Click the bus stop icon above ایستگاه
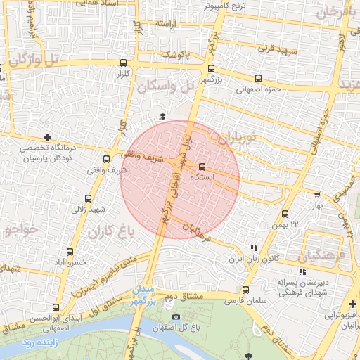click(x=202, y=167)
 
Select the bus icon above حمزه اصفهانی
click(x=259, y=79)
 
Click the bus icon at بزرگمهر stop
click(x=212, y=68)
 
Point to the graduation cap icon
click(x=162, y=116)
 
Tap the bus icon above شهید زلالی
click(x=88, y=199)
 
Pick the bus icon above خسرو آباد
click(x=69, y=251)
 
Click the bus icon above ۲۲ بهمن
click(x=285, y=214)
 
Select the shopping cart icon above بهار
click(x=317, y=195)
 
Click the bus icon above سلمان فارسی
click(x=245, y=290)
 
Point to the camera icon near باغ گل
click(x=176, y=316)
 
